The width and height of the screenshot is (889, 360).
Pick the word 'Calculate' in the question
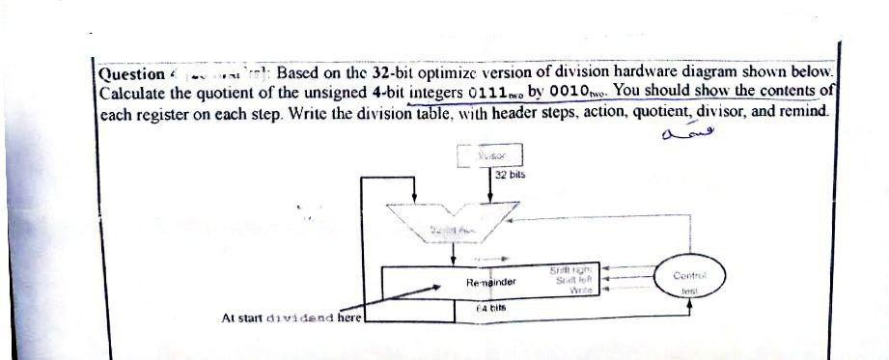(x=136, y=93)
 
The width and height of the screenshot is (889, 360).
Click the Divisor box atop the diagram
(x=488, y=153)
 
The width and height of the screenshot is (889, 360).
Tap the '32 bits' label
(x=509, y=177)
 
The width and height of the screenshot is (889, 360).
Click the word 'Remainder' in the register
(x=491, y=283)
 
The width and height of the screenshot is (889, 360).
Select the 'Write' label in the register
(x=579, y=290)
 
